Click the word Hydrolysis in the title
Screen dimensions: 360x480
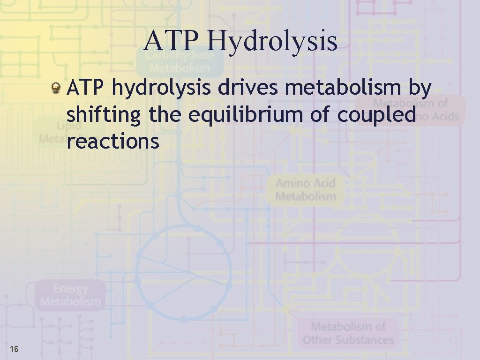click(x=271, y=41)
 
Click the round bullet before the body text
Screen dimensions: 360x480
click(x=56, y=87)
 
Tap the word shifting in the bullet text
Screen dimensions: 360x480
click(x=103, y=115)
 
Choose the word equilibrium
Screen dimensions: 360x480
click(x=246, y=115)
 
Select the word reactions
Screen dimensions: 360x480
click(x=113, y=141)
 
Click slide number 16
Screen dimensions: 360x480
click(x=14, y=349)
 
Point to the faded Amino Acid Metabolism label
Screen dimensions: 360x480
click(x=306, y=189)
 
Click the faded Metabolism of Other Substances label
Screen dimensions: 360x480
click(x=348, y=333)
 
